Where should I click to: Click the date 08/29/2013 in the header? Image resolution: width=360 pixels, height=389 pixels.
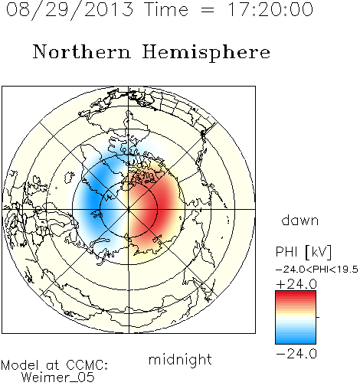pyautogui.click(x=70, y=10)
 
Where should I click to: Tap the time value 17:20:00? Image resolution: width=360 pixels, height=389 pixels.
pyautogui.click(x=270, y=9)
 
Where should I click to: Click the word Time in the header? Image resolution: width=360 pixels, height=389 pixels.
pyautogui.click(x=166, y=9)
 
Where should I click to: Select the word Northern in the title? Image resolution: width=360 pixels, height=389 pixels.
pyautogui.click(x=81, y=51)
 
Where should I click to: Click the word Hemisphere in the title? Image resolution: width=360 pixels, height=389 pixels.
pyautogui.click(x=206, y=53)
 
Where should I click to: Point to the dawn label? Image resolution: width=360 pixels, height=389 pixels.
pyautogui.click(x=300, y=220)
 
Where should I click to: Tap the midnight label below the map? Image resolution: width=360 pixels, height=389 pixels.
pyautogui.click(x=180, y=359)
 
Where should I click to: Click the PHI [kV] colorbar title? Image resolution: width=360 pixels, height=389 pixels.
pyautogui.click(x=303, y=252)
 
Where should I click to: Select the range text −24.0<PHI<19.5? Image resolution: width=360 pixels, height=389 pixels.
pyautogui.click(x=317, y=270)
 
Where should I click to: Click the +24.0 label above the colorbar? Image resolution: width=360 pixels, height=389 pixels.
pyautogui.click(x=296, y=284)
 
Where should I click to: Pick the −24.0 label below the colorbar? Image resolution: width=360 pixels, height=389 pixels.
pyautogui.click(x=296, y=354)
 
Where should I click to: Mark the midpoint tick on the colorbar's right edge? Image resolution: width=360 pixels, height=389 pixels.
pyautogui.click(x=317, y=317)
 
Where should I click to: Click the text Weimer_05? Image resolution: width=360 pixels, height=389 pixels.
pyautogui.click(x=58, y=378)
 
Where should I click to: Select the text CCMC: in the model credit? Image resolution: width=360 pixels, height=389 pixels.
pyautogui.click(x=87, y=365)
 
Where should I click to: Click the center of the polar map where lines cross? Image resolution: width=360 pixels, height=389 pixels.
pyautogui.click(x=129, y=209)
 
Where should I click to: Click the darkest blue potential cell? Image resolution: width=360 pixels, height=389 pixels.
pyautogui.click(x=93, y=201)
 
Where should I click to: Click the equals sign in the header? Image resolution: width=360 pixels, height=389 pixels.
pyautogui.click(x=208, y=11)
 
